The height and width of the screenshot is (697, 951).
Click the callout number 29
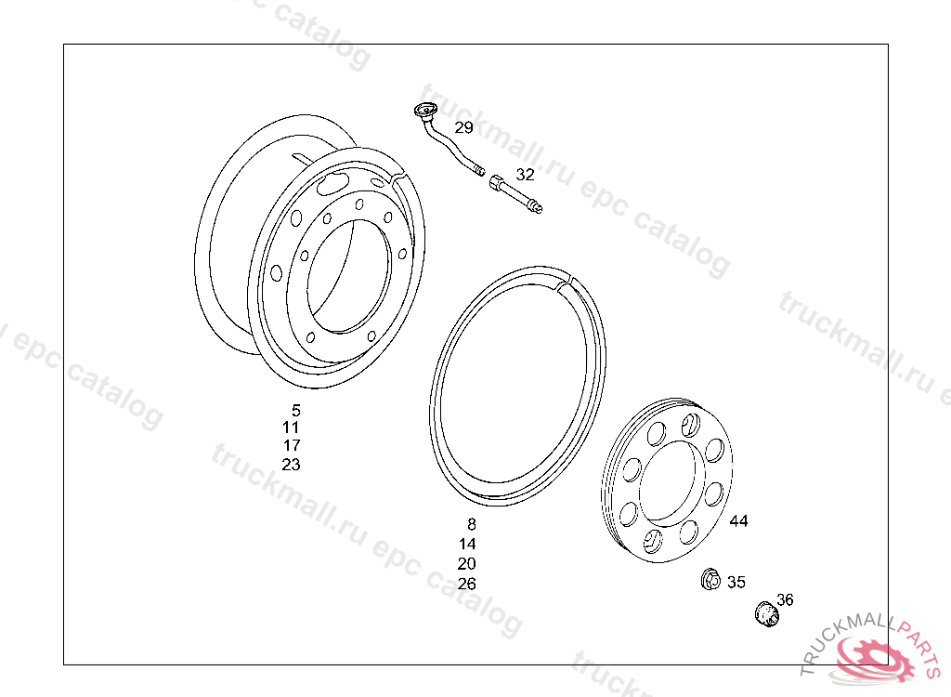coord(464,127)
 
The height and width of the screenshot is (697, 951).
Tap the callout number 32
coord(526,175)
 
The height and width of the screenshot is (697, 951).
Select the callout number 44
coord(738,521)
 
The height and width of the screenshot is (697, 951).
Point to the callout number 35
coord(736,583)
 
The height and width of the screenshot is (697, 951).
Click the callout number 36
coord(785,599)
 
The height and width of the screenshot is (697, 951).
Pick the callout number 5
coord(296,411)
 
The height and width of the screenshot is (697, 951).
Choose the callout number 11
coord(291,427)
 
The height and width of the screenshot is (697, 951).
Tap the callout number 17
coord(291,446)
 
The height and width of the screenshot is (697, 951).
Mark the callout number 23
coord(291,465)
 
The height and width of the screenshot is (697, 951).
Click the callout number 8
coord(472,524)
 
